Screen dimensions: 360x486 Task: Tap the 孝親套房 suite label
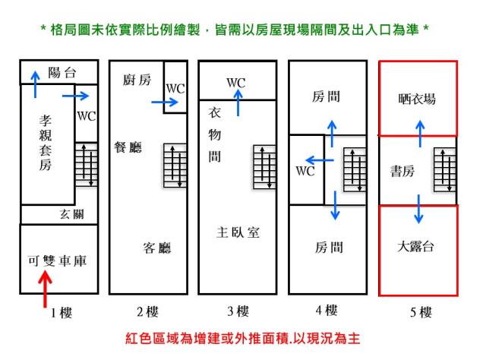click(x=46, y=144)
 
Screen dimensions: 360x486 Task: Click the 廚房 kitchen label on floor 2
click(x=136, y=81)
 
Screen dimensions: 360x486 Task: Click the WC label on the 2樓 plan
click(x=175, y=87)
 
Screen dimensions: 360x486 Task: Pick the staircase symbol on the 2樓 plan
click(x=175, y=166)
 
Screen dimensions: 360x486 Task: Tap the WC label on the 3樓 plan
click(x=235, y=82)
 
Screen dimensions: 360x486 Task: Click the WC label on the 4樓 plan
click(x=305, y=170)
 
